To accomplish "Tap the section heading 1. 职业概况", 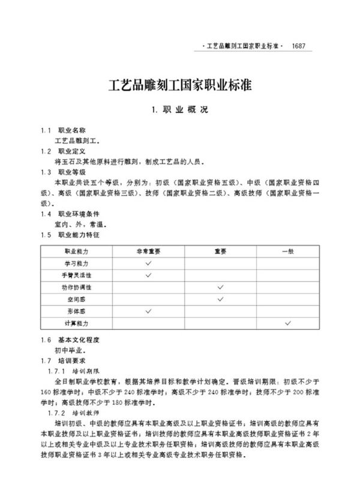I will (179, 110).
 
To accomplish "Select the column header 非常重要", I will (148, 251).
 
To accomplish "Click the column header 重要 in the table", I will (220, 251).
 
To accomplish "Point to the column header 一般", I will (288, 251).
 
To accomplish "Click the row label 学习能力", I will (76, 263).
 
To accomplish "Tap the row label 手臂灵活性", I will (76, 275).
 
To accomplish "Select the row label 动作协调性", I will (76, 287).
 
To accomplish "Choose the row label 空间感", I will (76, 299).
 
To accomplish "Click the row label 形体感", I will (76, 311).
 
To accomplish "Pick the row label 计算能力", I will (76, 323).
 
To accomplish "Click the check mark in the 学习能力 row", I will (148, 263).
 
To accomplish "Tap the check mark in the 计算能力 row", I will (288, 323).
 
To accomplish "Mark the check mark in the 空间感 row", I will (220, 299).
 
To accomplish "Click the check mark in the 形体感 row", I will (148, 311).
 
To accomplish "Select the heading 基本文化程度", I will (79, 340).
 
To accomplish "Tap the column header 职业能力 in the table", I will (76, 251).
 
